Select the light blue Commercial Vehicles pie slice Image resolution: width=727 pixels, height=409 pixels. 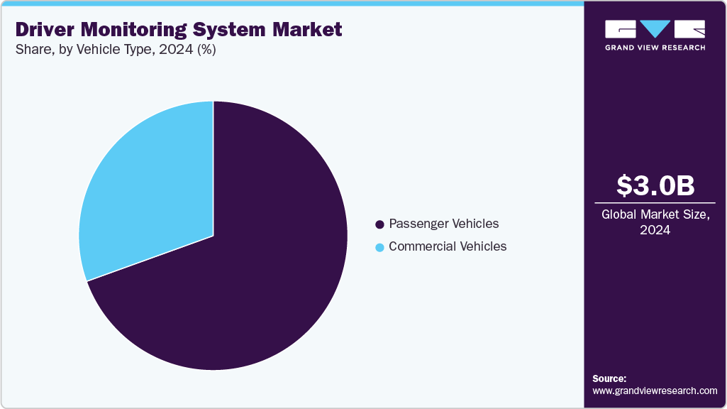pos(149,192)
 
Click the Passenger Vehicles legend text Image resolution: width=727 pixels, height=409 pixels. pos(443,224)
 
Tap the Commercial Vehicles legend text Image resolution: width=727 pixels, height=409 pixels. pos(448,246)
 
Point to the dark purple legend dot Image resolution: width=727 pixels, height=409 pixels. pos(379,224)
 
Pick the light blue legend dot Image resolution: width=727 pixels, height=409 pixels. pos(379,247)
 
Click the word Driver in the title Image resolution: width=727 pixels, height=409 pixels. pos(42,30)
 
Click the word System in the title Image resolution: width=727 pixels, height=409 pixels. pos(226,30)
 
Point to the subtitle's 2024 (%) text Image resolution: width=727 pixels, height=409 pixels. pos(192,50)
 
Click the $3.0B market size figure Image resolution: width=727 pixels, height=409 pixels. pos(655,185)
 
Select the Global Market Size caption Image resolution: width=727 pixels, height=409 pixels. pos(655,214)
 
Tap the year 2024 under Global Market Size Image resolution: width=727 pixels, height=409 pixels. pos(655,230)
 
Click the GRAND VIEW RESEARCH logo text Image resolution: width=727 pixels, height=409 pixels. pos(655,48)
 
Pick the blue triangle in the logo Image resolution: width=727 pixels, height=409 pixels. pos(655,28)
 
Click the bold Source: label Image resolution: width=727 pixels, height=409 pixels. pos(609,378)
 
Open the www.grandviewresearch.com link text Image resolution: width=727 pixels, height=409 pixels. pos(655,391)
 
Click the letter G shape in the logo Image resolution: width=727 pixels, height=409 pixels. pos(621,28)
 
